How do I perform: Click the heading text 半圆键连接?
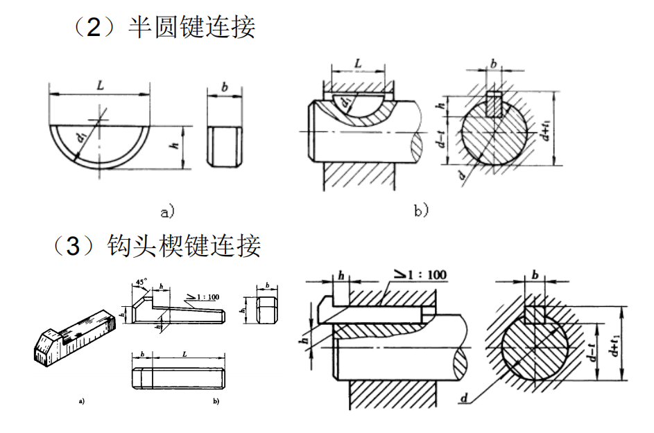click(191, 28)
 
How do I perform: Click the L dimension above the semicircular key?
click(100, 86)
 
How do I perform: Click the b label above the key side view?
click(225, 87)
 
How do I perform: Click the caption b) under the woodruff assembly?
click(422, 210)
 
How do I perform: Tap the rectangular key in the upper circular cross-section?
click(493, 104)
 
